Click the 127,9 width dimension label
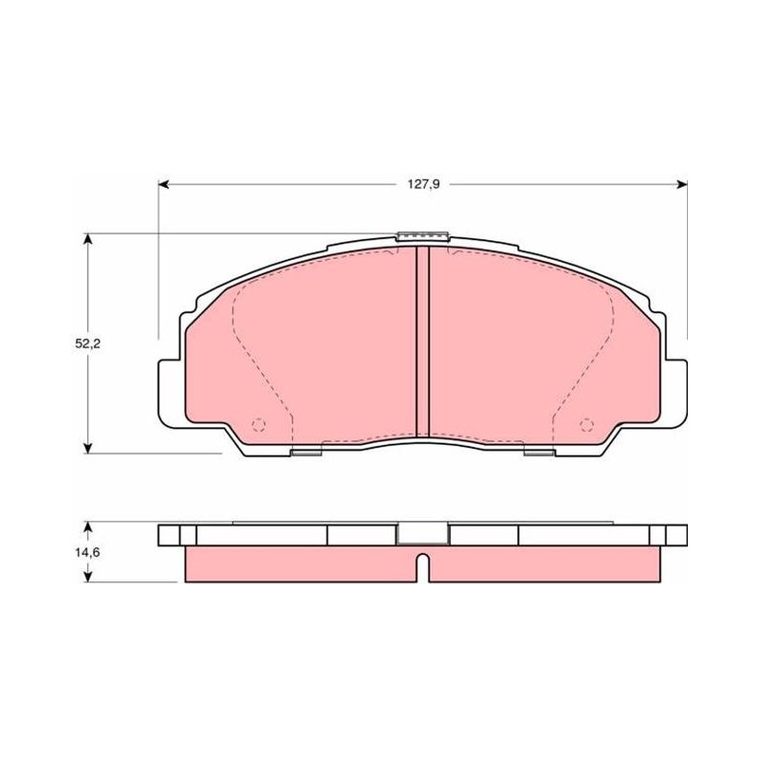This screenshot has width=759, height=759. (x=423, y=184)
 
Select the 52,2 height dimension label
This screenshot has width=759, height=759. (x=87, y=343)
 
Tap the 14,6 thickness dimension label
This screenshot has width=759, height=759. (x=87, y=552)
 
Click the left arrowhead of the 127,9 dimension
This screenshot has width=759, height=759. (x=163, y=184)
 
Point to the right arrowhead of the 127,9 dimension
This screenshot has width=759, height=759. (x=682, y=184)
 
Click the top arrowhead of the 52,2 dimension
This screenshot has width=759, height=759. (x=87, y=239)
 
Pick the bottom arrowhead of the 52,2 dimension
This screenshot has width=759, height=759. (x=87, y=448)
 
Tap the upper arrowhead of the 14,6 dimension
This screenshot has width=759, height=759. (x=87, y=527)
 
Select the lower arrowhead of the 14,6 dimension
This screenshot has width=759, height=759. (x=87, y=576)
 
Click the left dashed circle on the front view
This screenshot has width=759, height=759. (x=259, y=425)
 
